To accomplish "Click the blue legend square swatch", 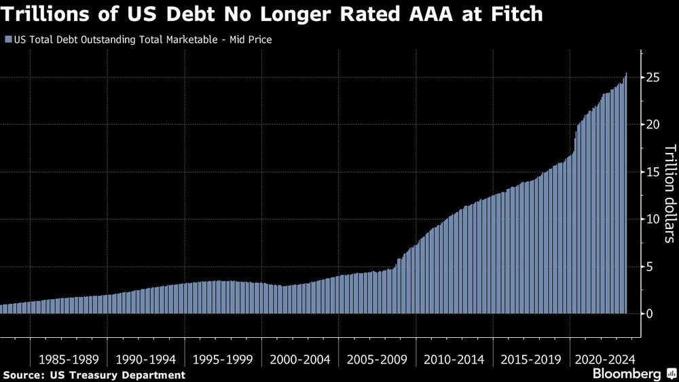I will pyautogui.click(x=7, y=40).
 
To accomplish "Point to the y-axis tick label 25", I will pyautogui.click(x=652, y=77).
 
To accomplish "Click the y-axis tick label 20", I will pyautogui.click(x=652, y=125).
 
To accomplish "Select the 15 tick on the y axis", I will pyautogui.click(x=652, y=172).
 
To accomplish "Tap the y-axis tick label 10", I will pyautogui.click(x=652, y=220).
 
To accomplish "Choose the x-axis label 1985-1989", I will pyautogui.click(x=69, y=358).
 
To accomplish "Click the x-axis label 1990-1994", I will pyautogui.click(x=146, y=358).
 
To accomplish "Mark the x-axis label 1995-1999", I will pyautogui.click(x=223, y=358).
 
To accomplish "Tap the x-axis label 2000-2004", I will pyautogui.click(x=300, y=358).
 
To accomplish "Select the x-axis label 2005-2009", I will pyautogui.click(x=377, y=358).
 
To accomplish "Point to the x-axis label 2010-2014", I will pyautogui.click(x=454, y=358).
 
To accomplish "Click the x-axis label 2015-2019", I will pyautogui.click(x=530, y=358).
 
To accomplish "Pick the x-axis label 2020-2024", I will pyautogui.click(x=604, y=358).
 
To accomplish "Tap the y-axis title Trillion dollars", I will pyautogui.click(x=669, y=194).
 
